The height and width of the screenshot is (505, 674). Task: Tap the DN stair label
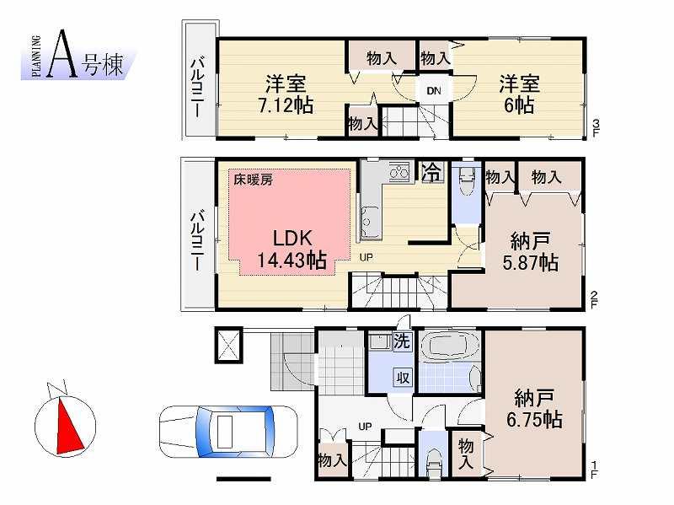point(434,91)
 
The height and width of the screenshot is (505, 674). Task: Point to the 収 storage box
point(403,378)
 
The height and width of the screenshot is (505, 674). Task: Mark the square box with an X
point(228,343)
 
